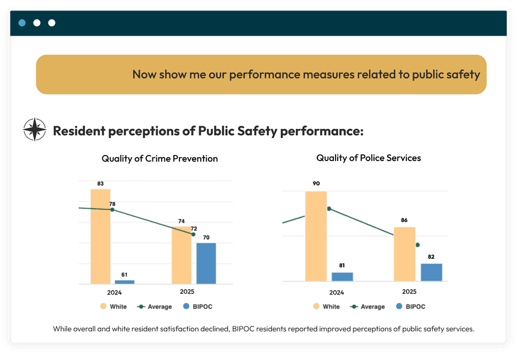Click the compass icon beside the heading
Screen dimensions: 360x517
[34, 130]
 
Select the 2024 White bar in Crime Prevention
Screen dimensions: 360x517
[101, 236]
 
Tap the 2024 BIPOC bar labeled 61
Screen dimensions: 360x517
[125, 282]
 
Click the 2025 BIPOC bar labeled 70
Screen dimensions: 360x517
[206, 263]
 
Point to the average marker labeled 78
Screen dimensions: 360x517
[112, 209]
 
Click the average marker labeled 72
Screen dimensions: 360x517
[193, 234]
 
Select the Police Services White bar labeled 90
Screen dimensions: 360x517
[316, 236]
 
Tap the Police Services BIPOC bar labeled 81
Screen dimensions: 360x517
[342, 277]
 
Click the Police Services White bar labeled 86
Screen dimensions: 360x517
[404, 254]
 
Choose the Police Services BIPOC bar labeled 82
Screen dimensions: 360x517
[431, 273]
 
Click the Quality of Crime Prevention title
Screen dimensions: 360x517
[159, 159]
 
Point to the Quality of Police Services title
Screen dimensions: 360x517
[369, 158]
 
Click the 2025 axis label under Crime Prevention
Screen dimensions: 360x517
[187, 292]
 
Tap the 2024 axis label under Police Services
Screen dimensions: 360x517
[337, 293]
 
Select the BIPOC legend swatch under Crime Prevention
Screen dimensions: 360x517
[186, 307]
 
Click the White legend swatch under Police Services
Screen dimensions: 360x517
[316, 307]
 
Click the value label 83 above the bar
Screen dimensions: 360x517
[101, 184]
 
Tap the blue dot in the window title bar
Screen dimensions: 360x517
[22, 23]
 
